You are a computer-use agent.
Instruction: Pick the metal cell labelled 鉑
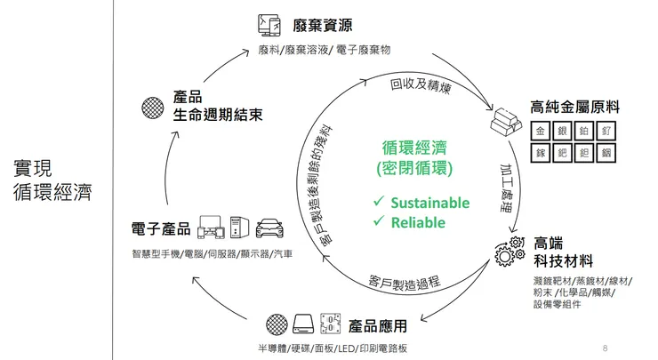click(584, 131)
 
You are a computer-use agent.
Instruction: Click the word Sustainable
click(429, 204)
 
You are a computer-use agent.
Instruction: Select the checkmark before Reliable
click(379, 222)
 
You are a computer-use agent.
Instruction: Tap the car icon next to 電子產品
click(269, 228)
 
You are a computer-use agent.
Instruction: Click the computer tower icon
click(237, 228)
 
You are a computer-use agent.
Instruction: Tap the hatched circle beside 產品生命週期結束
click(152, 106)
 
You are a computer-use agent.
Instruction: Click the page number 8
click(605, 346)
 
